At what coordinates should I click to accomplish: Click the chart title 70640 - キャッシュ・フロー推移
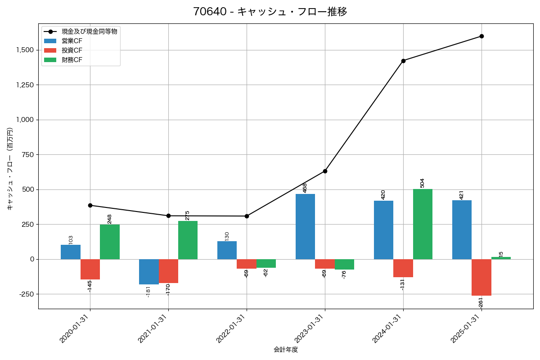270,12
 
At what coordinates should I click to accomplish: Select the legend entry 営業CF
72,41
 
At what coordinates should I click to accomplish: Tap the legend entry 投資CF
72,50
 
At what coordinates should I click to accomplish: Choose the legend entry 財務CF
72,60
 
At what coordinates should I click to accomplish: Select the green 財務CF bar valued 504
423,224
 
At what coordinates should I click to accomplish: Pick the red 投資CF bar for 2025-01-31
481,277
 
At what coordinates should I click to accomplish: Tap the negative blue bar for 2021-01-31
148,272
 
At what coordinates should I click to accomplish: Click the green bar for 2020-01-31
110,242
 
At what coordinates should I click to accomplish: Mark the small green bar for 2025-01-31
501,258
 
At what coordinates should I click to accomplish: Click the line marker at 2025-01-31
481,36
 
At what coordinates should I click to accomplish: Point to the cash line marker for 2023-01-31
325,171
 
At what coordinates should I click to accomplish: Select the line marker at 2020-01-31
90,205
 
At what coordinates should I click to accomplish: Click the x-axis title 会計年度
286,350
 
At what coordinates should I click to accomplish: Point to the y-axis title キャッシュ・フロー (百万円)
10,169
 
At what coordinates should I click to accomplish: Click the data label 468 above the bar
305,188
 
